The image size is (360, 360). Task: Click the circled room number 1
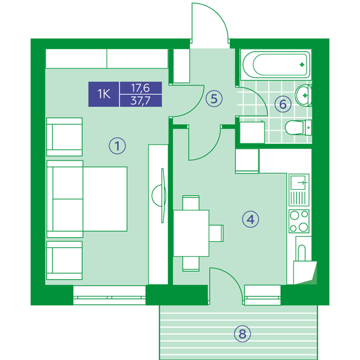tap(118, 146)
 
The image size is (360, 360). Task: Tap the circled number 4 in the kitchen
tap(250, 219)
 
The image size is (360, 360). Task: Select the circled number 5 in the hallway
tap(214, 99)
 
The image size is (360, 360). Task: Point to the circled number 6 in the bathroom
tap(283, 104)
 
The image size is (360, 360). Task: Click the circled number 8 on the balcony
tap(242, 334)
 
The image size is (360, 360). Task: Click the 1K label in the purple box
tap(104, 94)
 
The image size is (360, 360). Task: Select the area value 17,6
tap(140, 88)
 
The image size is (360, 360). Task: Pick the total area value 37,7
tap(140, 101)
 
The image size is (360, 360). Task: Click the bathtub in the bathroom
tap(276, 64)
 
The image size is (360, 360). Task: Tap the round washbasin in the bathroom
tap(303, 95)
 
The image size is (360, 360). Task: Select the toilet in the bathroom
tap(298, 127)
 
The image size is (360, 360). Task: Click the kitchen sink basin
tap(298, 182)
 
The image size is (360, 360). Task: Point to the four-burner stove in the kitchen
tap(299, 221)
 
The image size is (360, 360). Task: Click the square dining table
tap(191, 233)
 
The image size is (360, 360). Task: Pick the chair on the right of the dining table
tap(216, 233)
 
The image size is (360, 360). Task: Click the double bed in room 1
tap(87, 199)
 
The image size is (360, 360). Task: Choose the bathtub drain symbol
tap(302, 65)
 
